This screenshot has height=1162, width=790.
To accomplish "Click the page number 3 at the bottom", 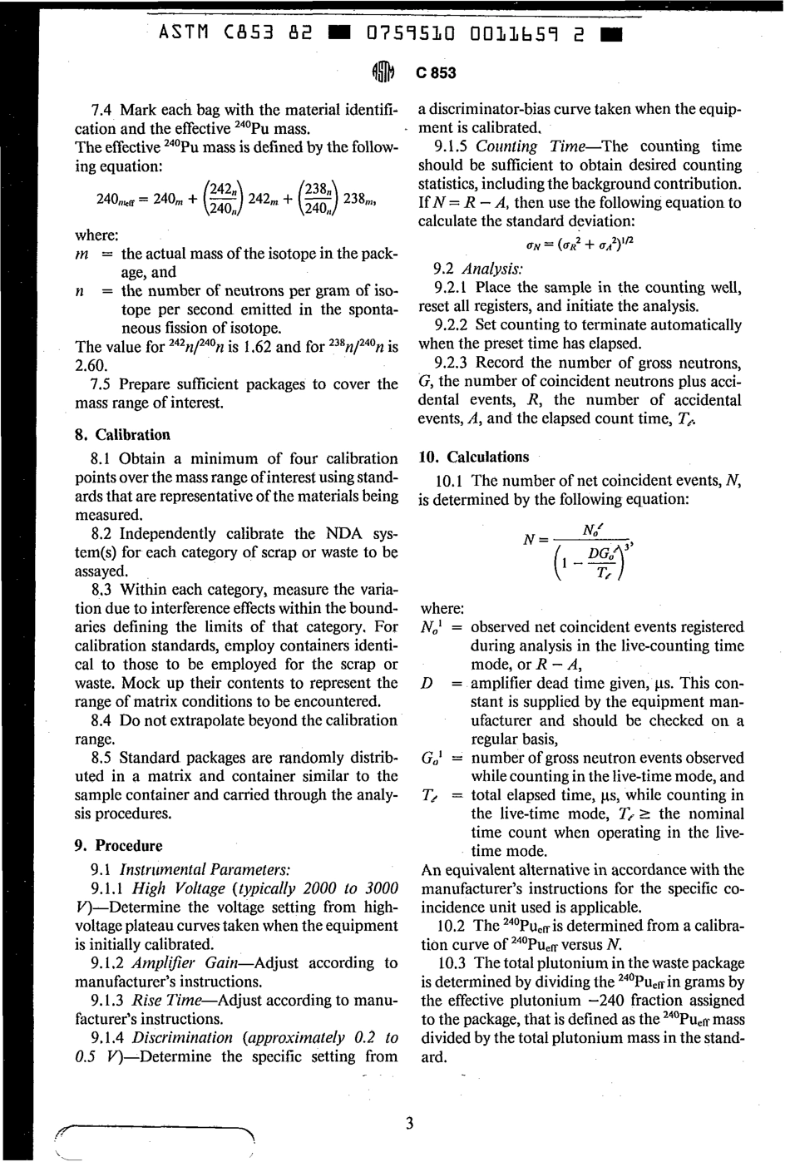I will [x=408, y=1124].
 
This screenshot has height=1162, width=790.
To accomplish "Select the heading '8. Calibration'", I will [x=122, y=435].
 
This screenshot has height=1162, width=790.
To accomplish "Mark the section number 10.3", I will [x=451, y=963].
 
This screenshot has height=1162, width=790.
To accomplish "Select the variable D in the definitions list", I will [x=427, y=684].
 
